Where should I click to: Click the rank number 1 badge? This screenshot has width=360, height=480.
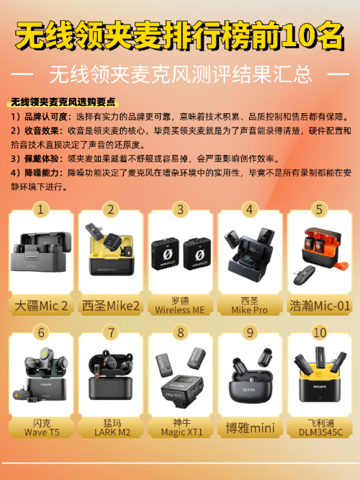[40, 210]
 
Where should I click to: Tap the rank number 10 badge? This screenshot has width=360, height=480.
[320, 332]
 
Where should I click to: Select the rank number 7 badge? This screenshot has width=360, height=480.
[111, 332]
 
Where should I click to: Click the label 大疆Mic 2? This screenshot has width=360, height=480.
[41, 306]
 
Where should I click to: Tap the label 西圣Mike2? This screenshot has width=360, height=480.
[110, 306]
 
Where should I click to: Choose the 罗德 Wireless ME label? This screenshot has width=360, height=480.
[180, 305]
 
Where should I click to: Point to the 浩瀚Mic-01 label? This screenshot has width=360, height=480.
[320, 306]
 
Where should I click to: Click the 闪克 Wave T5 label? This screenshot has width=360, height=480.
[42, 427]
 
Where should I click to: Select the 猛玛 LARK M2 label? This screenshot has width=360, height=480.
[112, 427]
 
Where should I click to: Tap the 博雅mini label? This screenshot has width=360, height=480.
[250, 428]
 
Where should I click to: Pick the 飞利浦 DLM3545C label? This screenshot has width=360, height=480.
[320, 427]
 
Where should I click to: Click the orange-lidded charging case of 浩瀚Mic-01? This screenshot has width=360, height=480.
[322, 247]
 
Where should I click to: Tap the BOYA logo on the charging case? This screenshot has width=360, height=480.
[249, 390]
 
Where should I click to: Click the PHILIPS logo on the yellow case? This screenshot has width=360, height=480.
[320, 387]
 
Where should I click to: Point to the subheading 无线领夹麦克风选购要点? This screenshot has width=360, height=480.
[63, 102]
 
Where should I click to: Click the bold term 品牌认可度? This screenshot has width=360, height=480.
[45, 117]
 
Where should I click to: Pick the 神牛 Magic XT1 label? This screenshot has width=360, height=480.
[181, 427]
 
